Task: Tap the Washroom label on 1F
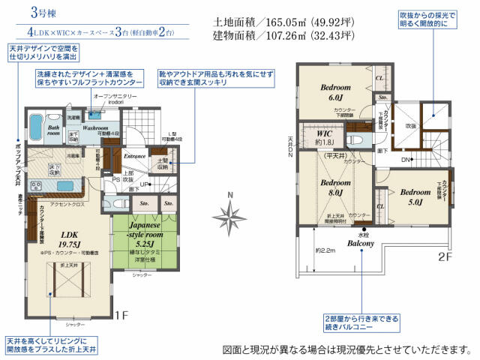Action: click(97, 127)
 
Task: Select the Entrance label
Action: click(135, 156)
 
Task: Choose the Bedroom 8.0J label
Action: click(330, 187)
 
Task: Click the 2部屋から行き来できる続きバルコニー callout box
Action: click(351, 322)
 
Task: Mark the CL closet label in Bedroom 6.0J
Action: click(379, 78)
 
